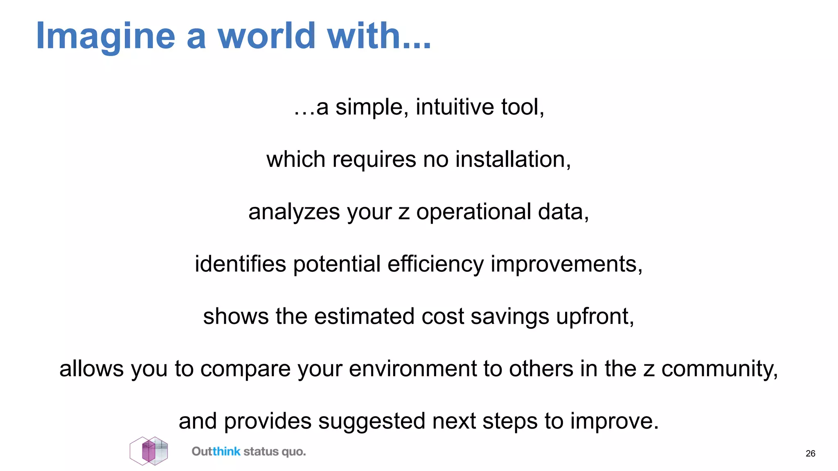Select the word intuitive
455,107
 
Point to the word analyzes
294,212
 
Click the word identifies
240,264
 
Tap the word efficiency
435,264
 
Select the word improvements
566,264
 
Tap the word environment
412,369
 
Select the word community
719,369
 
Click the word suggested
372,421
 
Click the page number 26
810,453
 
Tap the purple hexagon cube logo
149,451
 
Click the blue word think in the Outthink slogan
226,451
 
